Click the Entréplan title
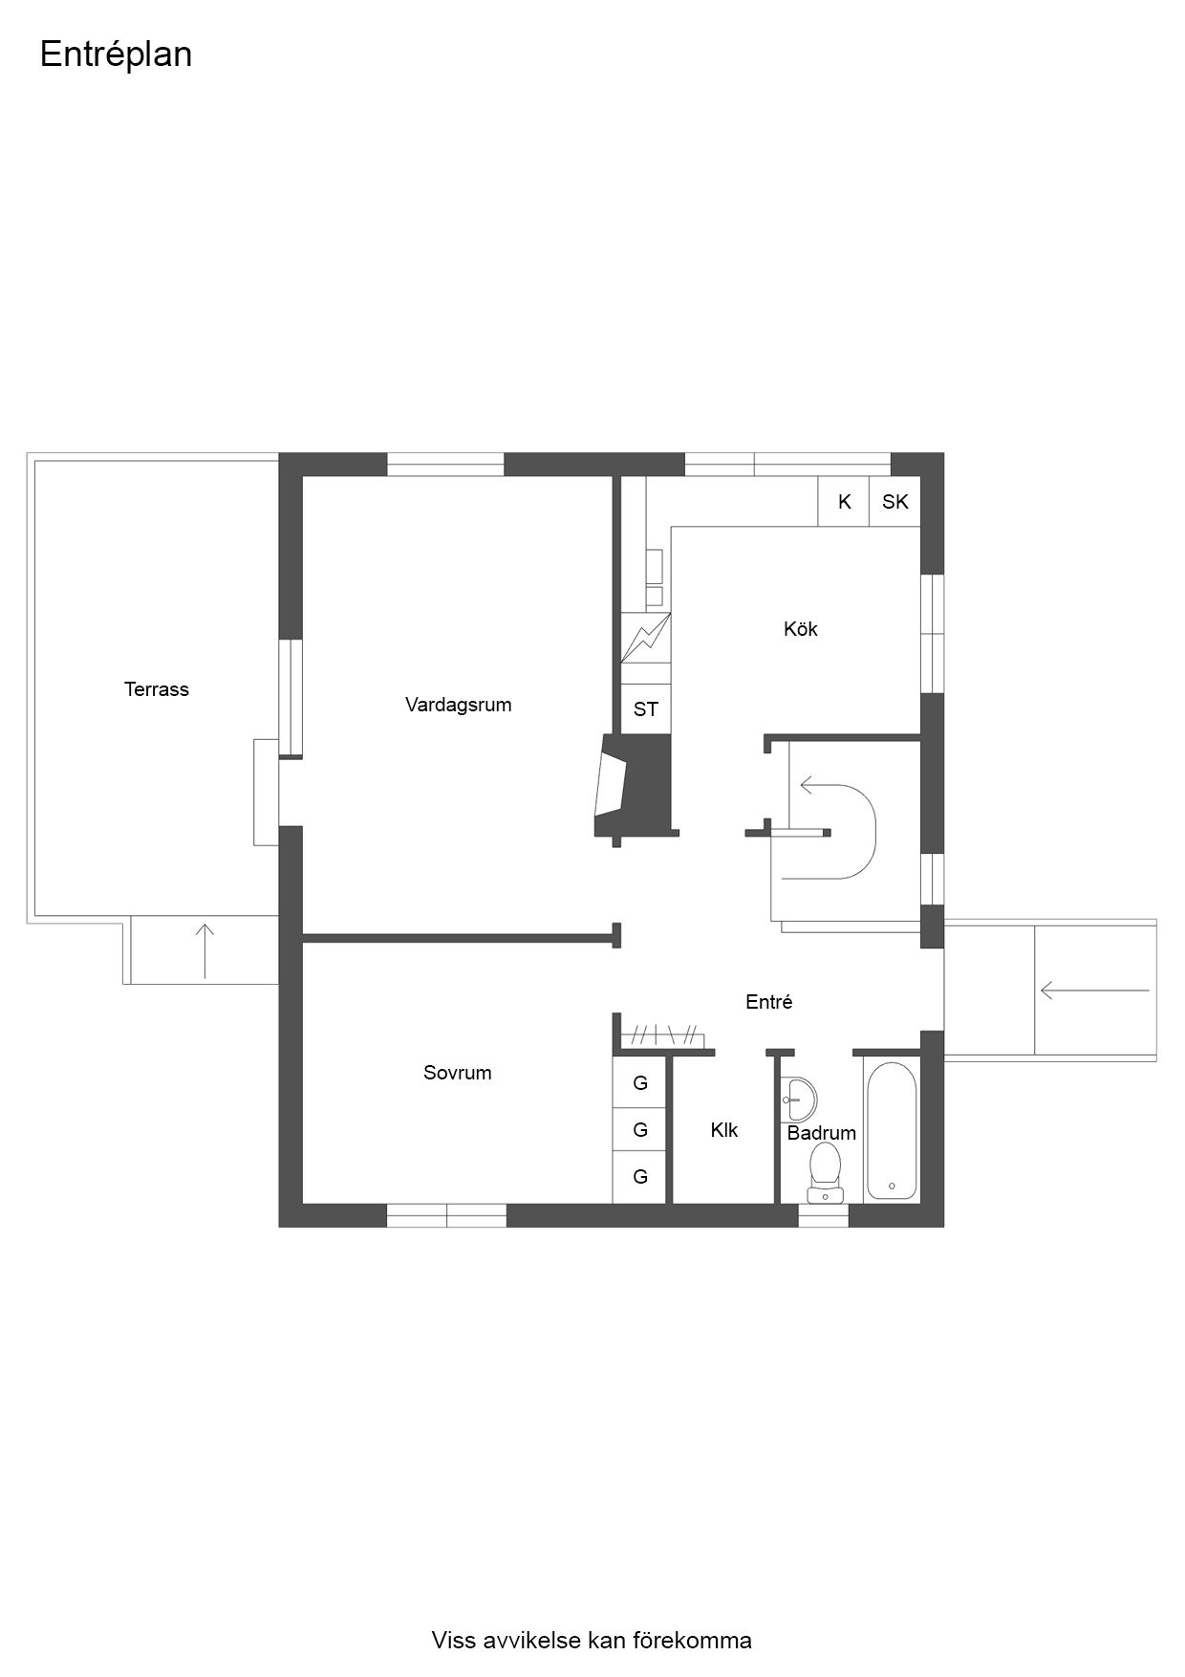[116, 55]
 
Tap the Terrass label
[157, 689]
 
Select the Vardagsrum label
[459, 706]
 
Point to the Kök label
[801, 629]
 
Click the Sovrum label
[458, 1073]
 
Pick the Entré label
[769, 1002]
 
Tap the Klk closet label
[724, 1130]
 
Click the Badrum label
[822, 1133]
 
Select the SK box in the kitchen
[895, 502]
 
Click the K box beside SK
[844, 502]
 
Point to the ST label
[646, 709]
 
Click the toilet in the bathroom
[825, 1172]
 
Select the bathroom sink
[799, 1100]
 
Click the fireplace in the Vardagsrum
[634, 786]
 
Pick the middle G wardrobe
[640, 1130]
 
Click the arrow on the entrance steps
[1095, 991]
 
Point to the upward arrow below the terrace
[205, 951]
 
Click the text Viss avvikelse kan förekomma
[592, 1641]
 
